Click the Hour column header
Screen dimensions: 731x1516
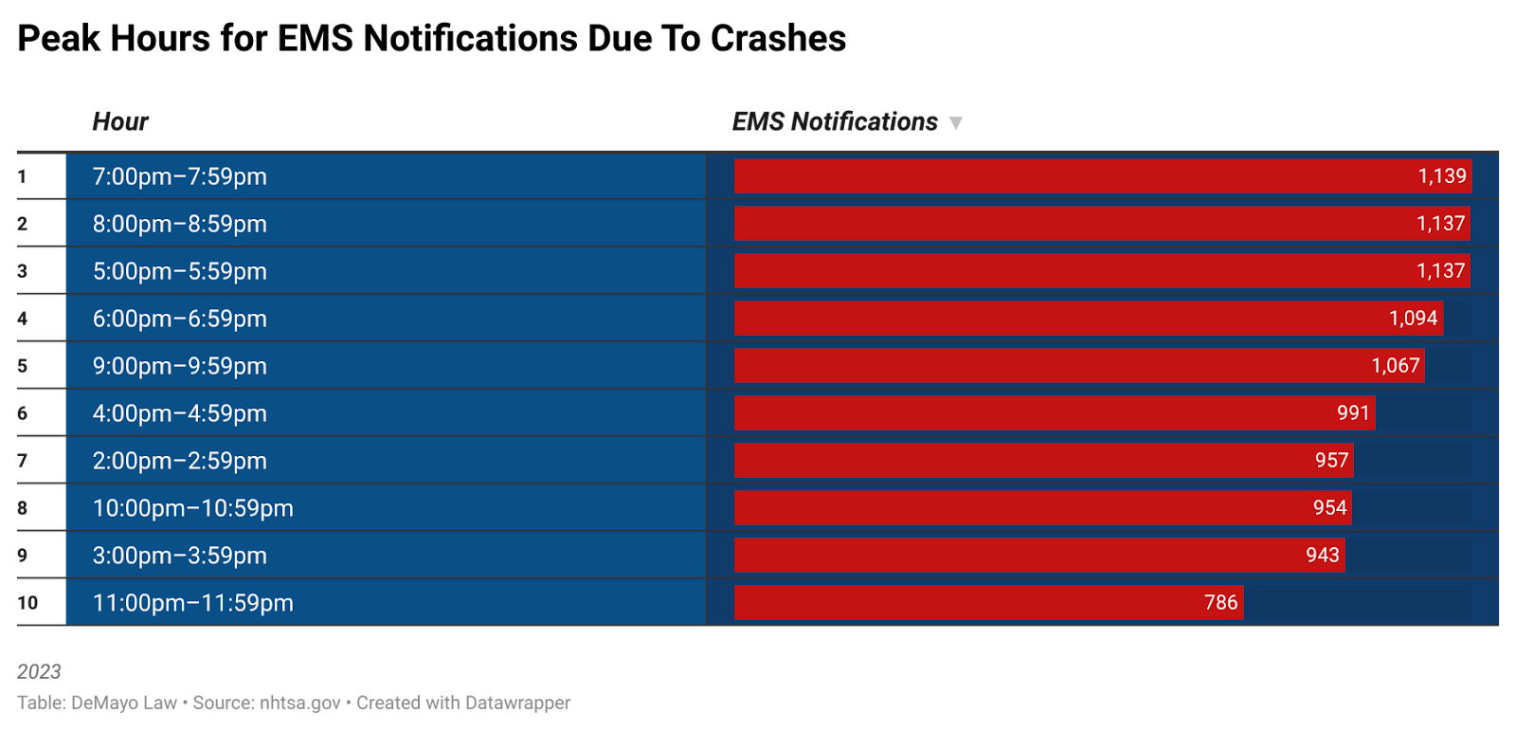[x=120, y=122]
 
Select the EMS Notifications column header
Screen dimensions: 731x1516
[x=835, y=122]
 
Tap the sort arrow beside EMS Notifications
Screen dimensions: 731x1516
[x=956, y=123]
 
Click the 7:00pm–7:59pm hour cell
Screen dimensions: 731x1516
[x=180, y=176]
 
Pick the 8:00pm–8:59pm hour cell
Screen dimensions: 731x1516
[x=180, y=224]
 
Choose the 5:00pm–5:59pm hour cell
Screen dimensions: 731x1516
[x=180, y=271]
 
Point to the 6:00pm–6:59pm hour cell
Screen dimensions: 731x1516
[x=180, y=319]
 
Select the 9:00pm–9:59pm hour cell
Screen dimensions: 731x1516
[x=180, y=366]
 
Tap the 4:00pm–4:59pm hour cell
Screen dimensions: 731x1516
[x=180, y=413]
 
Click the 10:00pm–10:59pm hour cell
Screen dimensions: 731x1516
[x=193, y=508]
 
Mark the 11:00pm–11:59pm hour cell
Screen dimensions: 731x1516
[x=193, y=603]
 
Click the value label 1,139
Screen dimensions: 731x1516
[x=1441, y=176]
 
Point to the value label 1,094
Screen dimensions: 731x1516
[x=1413, y=319]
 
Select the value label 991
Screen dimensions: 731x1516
[x=1353, y=413]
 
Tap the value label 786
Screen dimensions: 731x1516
[x=1220, y=603]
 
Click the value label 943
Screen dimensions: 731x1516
[x=1322, y=556]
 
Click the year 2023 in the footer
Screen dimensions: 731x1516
[x=39, y=671]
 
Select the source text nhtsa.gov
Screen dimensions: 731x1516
[x=299, y=703]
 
